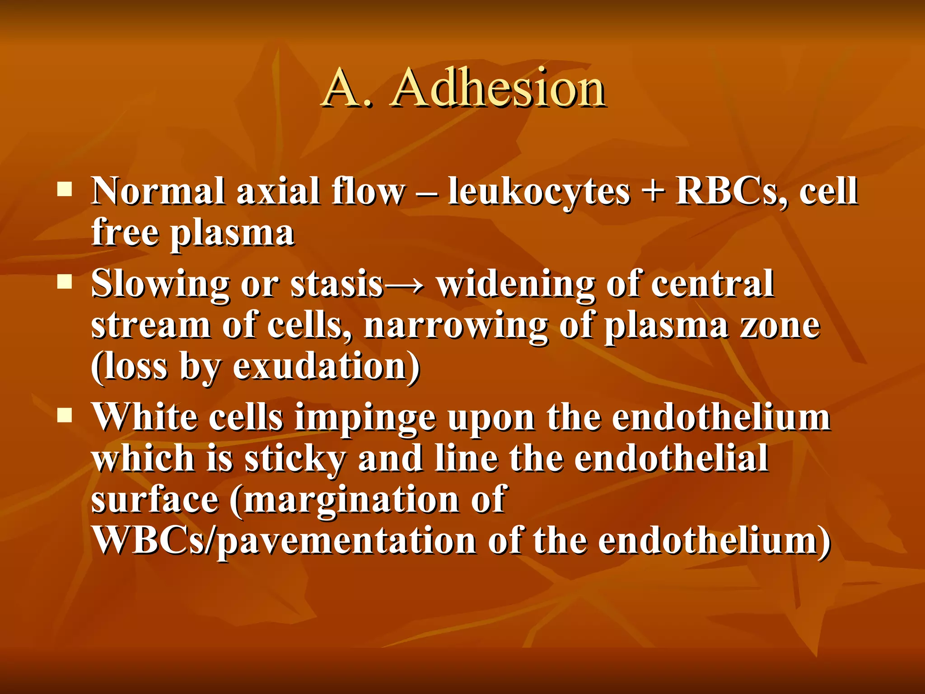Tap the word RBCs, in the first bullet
point(732,192)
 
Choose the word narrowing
point(456,326)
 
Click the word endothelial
point(671,458)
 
